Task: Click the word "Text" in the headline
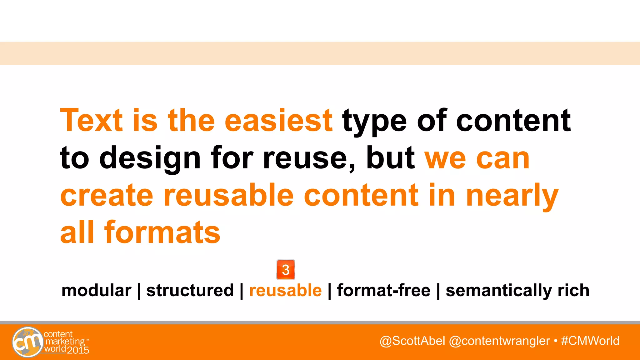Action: pyautogui.click(x=92, y=120)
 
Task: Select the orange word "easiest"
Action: pyautogui.click(x=278, y=120)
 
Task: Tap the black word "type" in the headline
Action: pyautogui.click(x=374, y=122)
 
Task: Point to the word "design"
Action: pyautogui.click(x=150, y=159)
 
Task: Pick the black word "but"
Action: pyautogui.click(x=390, y=157)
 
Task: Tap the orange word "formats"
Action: pyautogui.click(x=162, y=232)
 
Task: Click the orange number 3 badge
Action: pyautogui.click(x=286, y=270)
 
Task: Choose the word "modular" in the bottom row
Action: pyautogui.click(x=96, y=291)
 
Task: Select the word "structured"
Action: pyautogui.click(x=190, y=290)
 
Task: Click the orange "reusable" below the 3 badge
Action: pyautogui.click(x=285, y=290)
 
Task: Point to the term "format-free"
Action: pyautogui.click(x=383, y=290)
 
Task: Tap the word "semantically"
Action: pyautogui.click(x=499, y=291)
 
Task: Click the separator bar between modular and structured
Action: pyautogui.click(x=139, y=291)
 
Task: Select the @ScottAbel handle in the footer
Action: pyautogui.click(x=412, y=341)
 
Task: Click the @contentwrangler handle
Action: pyautogui.click(x=499, y=341)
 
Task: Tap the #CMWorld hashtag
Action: pyautogui.click(x=590, y=341)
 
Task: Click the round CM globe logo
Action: pyautogui.click(x=27, y=342)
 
